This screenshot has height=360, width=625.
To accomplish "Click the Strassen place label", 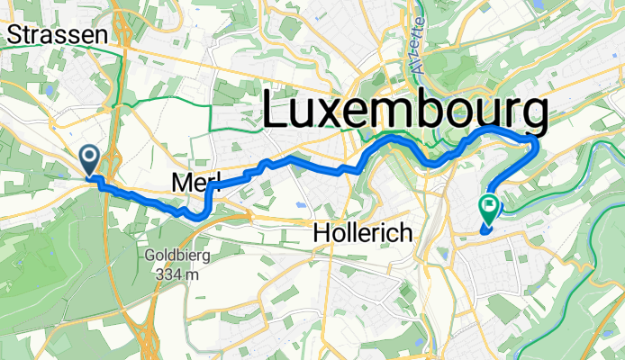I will [x=56, y=35].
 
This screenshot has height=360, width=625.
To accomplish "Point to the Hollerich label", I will [x=362, y=234].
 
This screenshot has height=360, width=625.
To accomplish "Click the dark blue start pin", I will [x=91, y=159].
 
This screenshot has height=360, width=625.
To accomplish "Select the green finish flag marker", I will [x=489, y=209].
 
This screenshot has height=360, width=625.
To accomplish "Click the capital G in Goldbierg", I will [x=149, y=255].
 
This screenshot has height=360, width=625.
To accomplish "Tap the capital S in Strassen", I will [x=14, y=35].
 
